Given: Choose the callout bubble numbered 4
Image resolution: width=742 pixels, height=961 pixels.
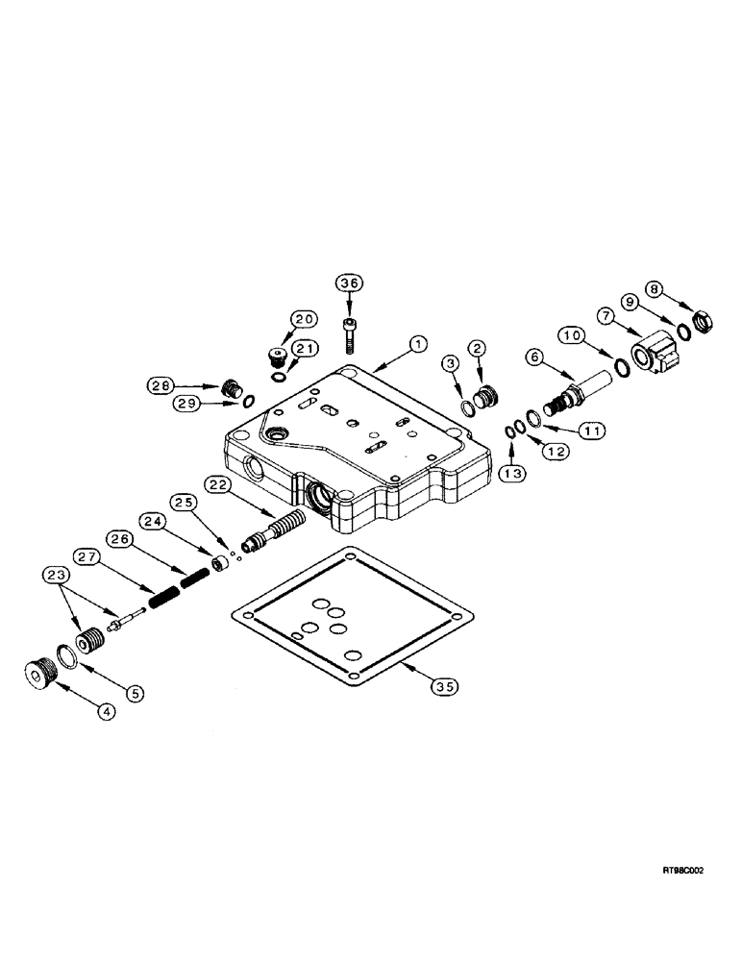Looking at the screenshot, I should click(x=107, y=712).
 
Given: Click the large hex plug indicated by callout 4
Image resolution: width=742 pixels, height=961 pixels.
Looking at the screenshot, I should click(x=41, y=674).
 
